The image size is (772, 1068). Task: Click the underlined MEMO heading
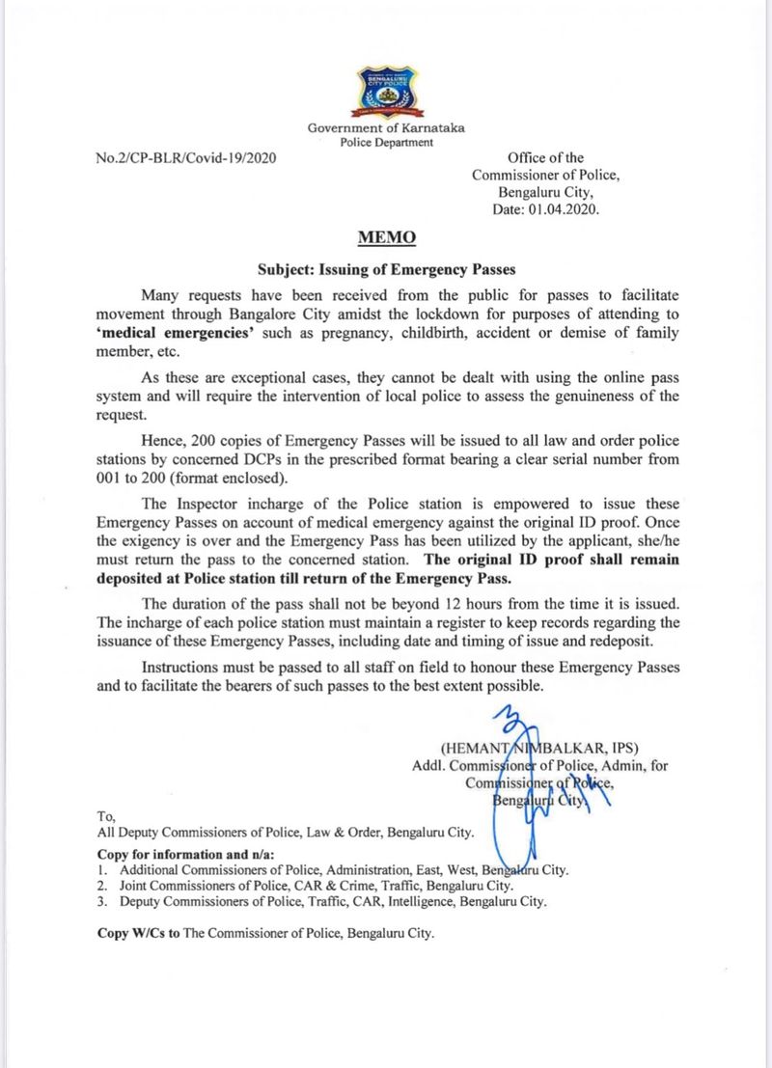[x=386, y=235]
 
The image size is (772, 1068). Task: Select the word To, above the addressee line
[x=106, y=815]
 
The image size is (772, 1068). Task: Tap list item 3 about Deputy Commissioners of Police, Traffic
[x=322, y=902]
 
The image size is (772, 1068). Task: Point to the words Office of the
[x=545, y=157]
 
